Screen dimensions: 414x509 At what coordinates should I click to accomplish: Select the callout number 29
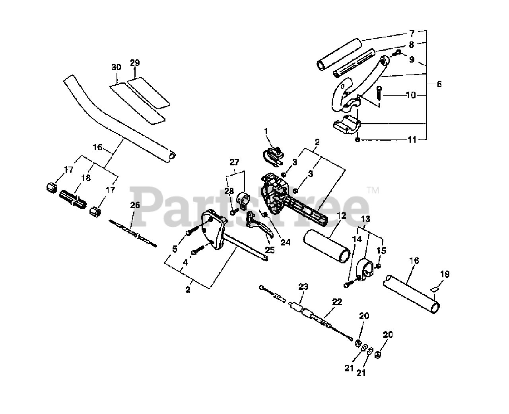(135, 63)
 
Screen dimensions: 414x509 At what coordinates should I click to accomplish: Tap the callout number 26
(135, 205)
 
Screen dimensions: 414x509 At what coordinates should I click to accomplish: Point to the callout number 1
(266, 130)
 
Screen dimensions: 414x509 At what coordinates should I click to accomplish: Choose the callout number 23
(303, 286)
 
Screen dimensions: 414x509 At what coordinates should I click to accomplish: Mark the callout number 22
(337, 302)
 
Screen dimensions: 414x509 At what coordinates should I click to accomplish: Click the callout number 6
(439, 84)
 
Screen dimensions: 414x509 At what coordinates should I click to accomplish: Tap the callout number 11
(412, 140)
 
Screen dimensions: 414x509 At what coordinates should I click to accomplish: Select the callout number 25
(270, 250)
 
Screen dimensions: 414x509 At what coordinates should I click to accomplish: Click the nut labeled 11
(358, 139)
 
